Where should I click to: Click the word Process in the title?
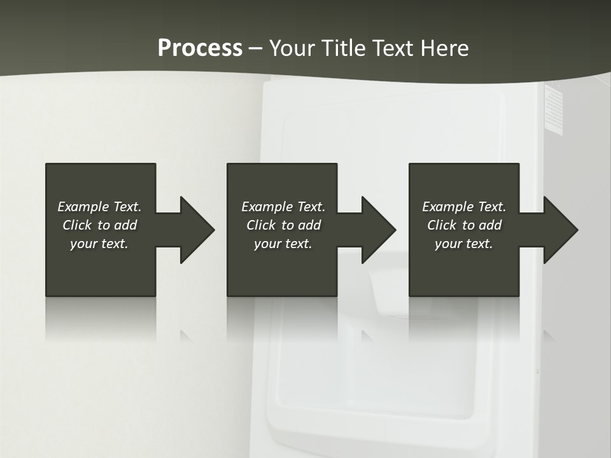(x=200, y=48)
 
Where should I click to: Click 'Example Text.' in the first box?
(x=99, y=207)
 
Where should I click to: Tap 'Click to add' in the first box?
(x=99, y=225)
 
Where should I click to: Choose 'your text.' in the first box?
(x=99, y=244)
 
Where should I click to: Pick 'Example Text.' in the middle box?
(x=283, y=207)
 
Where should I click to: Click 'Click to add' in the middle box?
(x=283, y=225)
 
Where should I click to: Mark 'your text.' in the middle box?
(x=283, y=244)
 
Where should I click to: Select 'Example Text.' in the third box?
(x=464, y=207)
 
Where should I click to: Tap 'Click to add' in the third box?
(x=464, y=225)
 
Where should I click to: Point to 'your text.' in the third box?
(x=464, y=244)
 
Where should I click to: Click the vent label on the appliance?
(x=554, y=109)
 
